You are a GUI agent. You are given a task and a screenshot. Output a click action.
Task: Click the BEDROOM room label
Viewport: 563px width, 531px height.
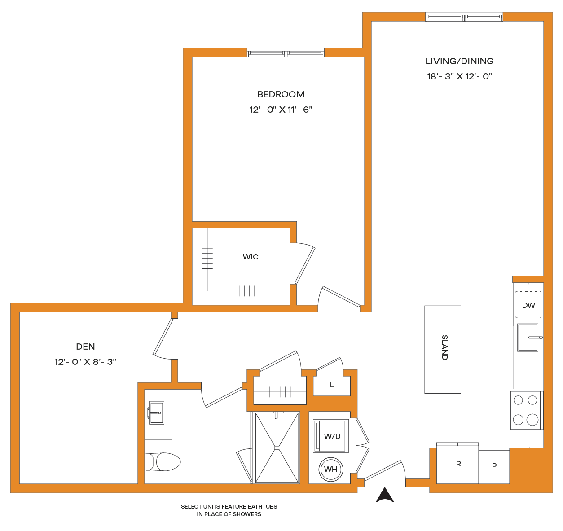[x=281, y=94]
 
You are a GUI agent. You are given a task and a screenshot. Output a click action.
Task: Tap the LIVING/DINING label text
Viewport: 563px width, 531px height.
[x=459, y=61]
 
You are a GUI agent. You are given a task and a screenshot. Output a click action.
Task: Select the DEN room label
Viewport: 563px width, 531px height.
[x=85, y=347]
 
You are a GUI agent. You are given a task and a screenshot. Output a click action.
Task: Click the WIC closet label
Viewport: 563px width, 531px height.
[x=251, y=257]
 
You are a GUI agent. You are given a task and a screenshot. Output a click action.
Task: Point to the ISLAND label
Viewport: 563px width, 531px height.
[x=444, y=347]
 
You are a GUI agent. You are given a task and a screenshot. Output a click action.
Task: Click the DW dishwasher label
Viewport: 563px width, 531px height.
[x=528, y=305]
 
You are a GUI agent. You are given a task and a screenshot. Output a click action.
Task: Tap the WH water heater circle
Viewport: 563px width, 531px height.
[x=330, y=469]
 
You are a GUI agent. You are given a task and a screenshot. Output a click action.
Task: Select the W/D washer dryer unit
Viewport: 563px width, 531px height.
[x=331, y=436]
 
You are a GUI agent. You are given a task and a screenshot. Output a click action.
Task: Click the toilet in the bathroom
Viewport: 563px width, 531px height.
[x=163, y=462]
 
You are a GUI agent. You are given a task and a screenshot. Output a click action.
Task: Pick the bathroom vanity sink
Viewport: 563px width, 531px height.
[x=156, y=413]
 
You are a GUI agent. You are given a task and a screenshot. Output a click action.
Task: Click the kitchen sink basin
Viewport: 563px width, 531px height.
[x=528, y=338]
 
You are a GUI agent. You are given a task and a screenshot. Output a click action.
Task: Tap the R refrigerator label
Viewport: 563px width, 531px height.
[x=458, y=464]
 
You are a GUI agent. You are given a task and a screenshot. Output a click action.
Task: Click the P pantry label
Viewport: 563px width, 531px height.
[x=494, y=466]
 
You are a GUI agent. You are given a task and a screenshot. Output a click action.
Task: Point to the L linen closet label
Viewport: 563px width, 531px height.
[x=332, y=385]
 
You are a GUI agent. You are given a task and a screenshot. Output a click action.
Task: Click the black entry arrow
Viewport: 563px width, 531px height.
[x=385, y=495]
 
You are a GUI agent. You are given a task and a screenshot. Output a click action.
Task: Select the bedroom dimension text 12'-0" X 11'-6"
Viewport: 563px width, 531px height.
[x=281, y=110]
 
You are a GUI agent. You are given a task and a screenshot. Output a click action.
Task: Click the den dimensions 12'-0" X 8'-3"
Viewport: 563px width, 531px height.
[x=85, y=362]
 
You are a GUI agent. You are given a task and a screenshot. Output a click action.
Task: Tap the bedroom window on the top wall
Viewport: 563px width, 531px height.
[x=286, y=53]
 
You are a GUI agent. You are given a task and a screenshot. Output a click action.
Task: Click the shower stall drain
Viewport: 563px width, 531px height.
[x=277, y=448]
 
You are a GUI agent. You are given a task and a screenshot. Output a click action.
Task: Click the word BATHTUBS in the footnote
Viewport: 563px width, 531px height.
[x=262, y=506]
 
